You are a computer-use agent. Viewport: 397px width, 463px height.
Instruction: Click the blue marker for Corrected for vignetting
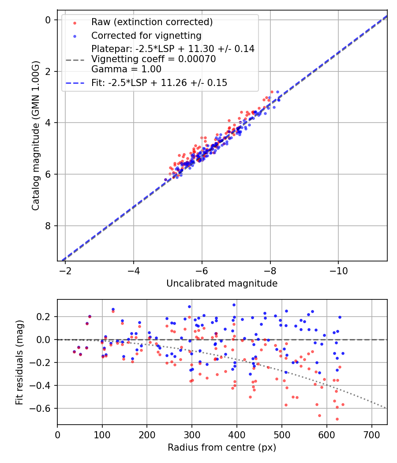[74, 36]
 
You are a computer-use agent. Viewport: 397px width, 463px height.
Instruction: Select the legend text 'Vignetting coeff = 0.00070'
[154, 59]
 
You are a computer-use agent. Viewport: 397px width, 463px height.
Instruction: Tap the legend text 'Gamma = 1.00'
[126, 69]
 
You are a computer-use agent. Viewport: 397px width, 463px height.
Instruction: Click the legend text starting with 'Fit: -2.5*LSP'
[159, 82]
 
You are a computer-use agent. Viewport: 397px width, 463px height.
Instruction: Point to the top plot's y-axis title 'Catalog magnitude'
[35, 136]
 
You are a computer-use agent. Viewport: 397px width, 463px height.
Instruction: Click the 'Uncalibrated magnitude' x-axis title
[222, 284]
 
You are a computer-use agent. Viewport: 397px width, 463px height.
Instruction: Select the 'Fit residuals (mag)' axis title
[19, 362]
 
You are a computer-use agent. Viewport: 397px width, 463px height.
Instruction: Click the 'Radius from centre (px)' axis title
[222, 448]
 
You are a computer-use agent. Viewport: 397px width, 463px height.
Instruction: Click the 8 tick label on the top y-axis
[49, 226]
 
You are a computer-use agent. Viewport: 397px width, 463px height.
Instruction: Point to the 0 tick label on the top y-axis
[49, 20]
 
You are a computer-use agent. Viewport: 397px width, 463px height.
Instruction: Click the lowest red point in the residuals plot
[337, 419]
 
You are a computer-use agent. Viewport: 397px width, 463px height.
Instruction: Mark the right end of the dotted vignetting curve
[387, 408]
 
